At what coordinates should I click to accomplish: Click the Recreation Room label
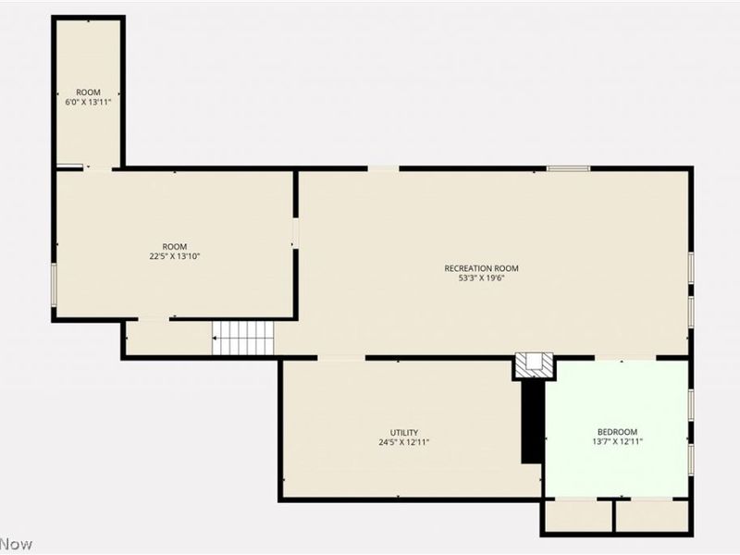[481, 268]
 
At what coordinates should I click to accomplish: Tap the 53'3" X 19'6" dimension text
[481, 278]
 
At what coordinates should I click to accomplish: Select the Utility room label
[403, 432]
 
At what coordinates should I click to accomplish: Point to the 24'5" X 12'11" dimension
[403, 442]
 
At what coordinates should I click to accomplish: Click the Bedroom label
[617, 432]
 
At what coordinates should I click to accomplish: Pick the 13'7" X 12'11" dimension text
[617, 442]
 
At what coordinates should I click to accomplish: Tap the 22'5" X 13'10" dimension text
[175, 256]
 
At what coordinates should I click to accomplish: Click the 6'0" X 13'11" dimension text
[88, 102]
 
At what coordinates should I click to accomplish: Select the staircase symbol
[244, 338]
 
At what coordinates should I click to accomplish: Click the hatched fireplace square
[536, 364]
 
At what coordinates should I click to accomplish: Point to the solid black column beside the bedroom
[532, 421]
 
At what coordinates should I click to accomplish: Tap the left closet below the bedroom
[577, 516]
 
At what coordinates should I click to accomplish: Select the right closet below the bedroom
[651, 516]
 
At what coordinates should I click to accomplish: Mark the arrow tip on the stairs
[215, 339]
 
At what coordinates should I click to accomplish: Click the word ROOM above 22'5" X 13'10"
[175, 246]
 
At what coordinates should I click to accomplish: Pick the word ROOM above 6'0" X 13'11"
[88, 92]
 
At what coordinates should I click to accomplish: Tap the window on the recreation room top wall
[568, 168]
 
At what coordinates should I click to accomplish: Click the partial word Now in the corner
[17, 544]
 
